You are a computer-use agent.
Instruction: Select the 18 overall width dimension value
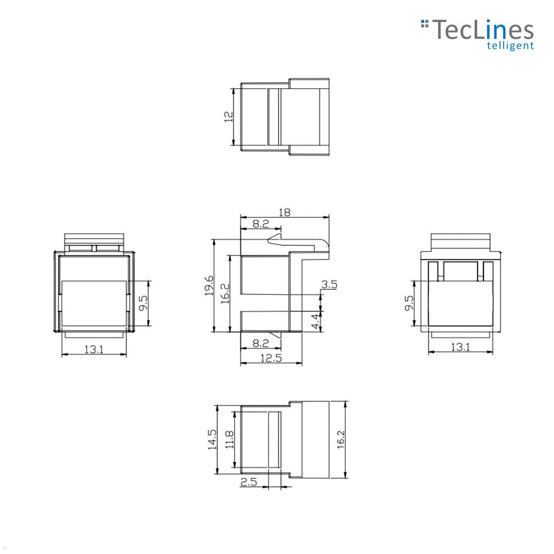pos(285,212)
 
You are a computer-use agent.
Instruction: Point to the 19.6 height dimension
pos(209,285)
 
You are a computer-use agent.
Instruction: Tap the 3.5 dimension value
pos(329,284)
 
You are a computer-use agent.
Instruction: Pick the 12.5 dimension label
pos(271,358)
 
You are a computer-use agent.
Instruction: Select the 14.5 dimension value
pos(212,440)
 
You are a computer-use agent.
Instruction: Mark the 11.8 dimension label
pos(230,440)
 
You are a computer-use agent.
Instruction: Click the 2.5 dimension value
pos(248,482)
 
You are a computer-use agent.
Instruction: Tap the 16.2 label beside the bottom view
pos(341,440)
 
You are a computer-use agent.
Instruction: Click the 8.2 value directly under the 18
pos(260,224)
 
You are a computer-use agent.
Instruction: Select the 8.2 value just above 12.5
pos(260,343)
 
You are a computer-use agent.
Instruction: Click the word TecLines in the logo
pos(482,30)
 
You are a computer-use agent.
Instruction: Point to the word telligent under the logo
pos(511,45)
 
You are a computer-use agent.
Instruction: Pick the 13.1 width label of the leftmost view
pos(94,349)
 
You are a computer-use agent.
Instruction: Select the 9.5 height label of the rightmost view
pos(409,303)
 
